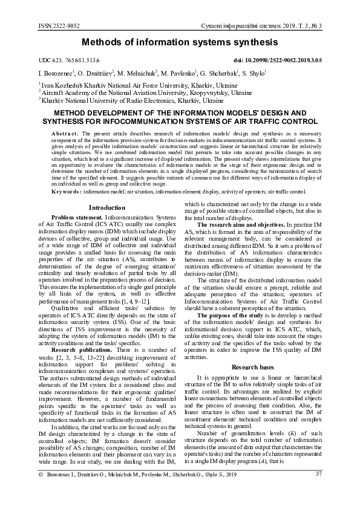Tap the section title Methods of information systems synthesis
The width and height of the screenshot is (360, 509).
point(180,43)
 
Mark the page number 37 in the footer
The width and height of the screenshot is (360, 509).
point(318,490)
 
